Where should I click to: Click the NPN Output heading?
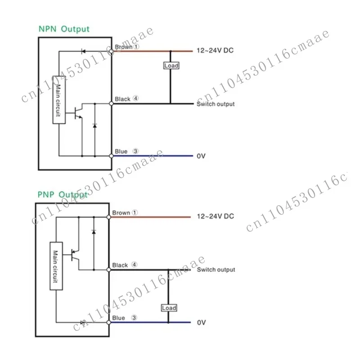pyautogui.click(x=64, y=29)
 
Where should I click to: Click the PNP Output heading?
pyautogui.click(x=63, y=195)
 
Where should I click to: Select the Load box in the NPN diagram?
pyautogui.click(x=171, y=65)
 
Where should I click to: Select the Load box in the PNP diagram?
pyautogui.click(x=169, y=308)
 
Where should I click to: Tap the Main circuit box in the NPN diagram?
pyautogui.click(x=59, y=100)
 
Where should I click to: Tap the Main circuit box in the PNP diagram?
pyautogui.click(x=56, y=266)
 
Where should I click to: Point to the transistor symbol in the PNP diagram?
pyautogui.click(x=75, y=255)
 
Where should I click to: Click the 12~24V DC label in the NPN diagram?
pyautogui.click(x=215, y=50)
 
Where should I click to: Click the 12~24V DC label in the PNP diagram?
pyautogui.click(x=216, y=216)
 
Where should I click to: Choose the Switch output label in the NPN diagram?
pyautogui.click(x=216, y=104)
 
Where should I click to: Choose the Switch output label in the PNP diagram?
pyautogui.click(x=216, y=270)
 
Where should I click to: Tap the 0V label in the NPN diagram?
pyautogui.click(x=201, y=156)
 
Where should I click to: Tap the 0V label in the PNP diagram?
pyautogui.click(x=201, y=323)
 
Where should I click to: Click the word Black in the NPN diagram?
pyautogui.click(x=122, y=99)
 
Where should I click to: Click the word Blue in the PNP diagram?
pyautogui.click(x=118, y=318)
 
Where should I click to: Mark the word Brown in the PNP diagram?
pyautogui.click(x=121, y=213)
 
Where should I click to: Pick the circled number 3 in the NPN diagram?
pyautogui.click(x=135, y=151)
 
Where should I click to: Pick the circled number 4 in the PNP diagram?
pyautogui.click(x=134, y=265)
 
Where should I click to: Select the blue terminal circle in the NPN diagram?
pyautogui.click(x=111, y=156)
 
